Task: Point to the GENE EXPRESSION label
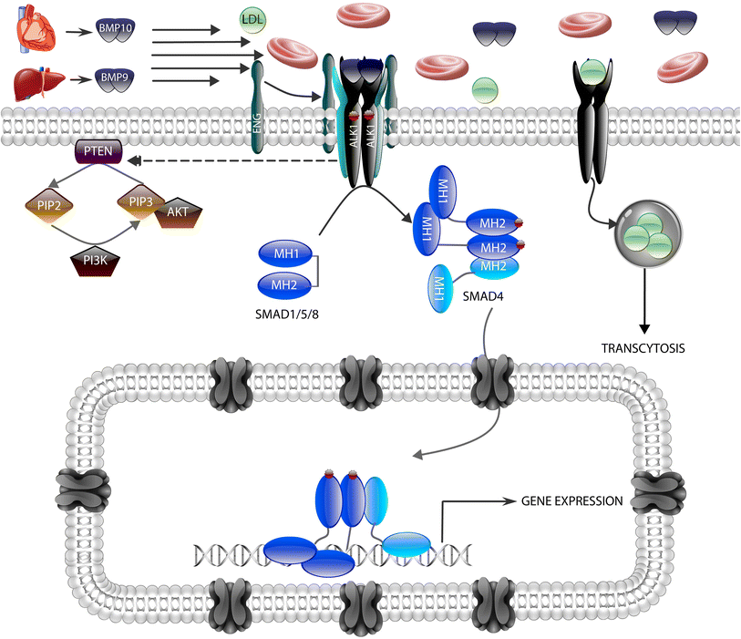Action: [571, 500]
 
